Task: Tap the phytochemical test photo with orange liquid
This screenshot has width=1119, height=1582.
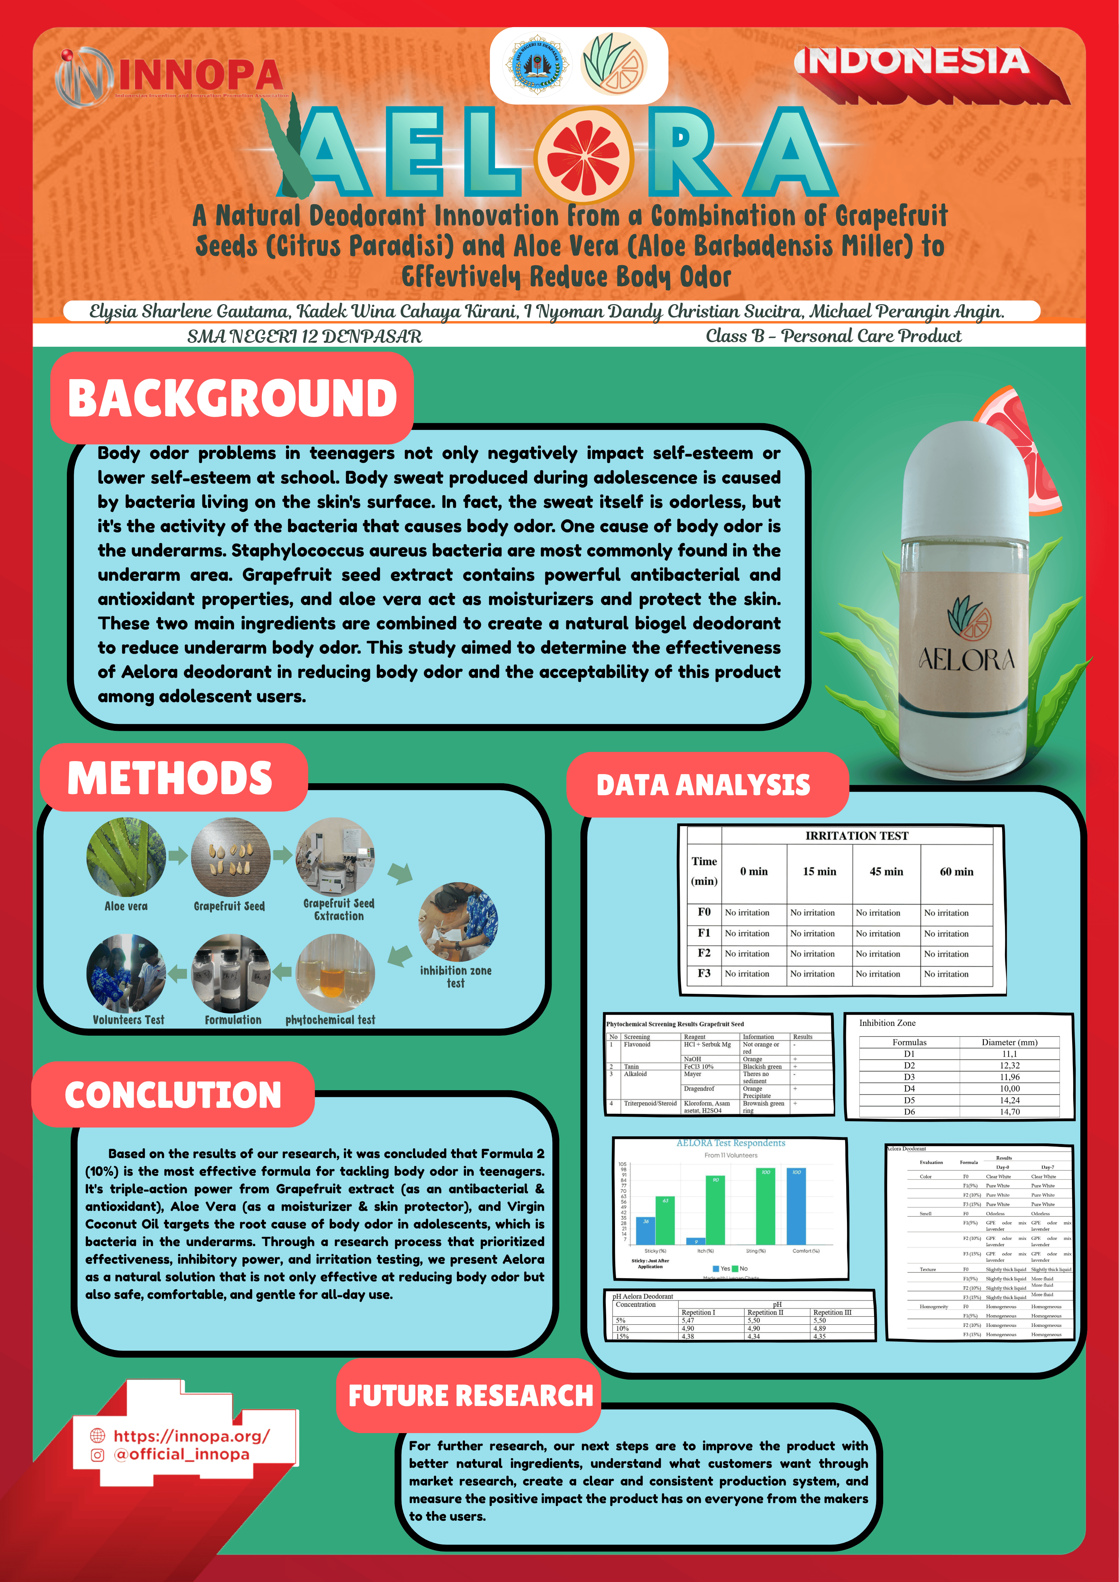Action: click(x=335, y=973)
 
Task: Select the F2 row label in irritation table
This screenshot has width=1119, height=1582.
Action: click(x=704, y=953)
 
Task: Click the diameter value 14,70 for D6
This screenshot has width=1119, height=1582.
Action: click(x=1010, y=1111)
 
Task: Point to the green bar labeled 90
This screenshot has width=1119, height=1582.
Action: click(x=715, y=1209)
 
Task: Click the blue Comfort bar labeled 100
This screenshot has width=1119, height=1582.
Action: click(x=796, y=1206)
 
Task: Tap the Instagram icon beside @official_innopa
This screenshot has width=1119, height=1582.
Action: click(x=98, y=1455)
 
